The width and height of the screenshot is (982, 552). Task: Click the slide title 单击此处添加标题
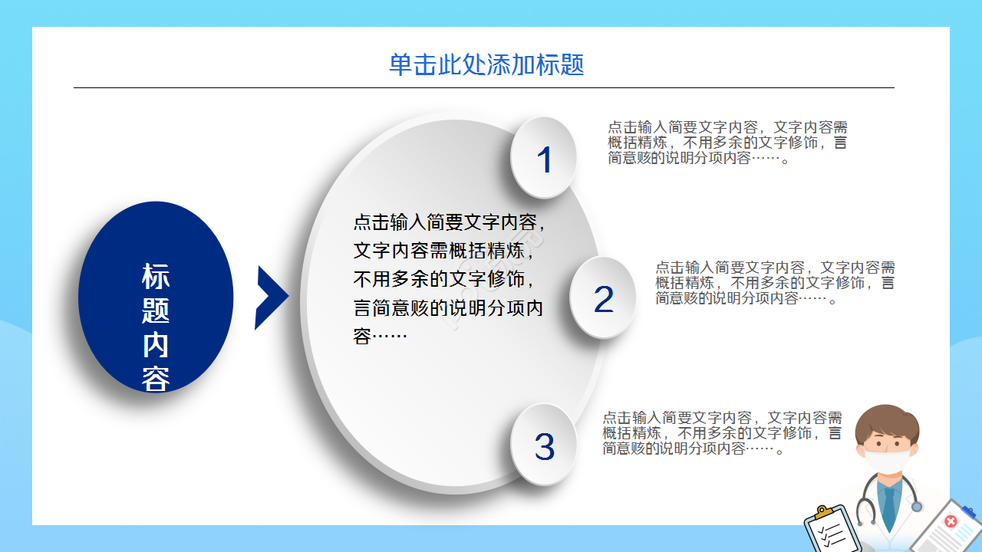click(486, 65)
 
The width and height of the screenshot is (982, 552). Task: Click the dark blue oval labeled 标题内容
click(156, 295)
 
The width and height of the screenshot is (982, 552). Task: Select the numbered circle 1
click(544, 158)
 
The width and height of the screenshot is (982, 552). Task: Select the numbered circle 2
click(603, 298)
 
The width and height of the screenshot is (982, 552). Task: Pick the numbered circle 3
click(544, 445)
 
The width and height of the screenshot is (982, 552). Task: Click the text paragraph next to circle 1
click(727, 143)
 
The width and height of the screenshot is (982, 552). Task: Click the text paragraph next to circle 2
click(775, 283)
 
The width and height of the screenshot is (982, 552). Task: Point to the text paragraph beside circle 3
click(722, 433)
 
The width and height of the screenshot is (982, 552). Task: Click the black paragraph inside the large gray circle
click(449, 279)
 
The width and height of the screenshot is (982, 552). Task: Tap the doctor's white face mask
click(888, 462)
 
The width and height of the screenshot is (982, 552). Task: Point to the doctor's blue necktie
click(888, 504)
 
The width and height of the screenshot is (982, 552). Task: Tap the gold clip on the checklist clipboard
click(823, 511)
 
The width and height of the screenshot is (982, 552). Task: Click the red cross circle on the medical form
click(951, 522)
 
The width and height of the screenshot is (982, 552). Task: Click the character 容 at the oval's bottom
click(156, 379)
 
